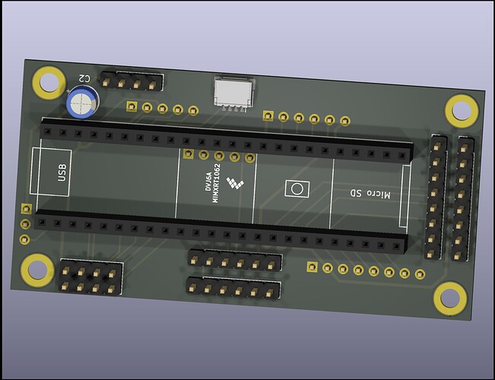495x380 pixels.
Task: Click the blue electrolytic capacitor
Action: (x=81, y=103)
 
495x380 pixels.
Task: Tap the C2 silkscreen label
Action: (x=85, y=78)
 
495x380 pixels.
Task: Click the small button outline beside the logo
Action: (x=294, y=188)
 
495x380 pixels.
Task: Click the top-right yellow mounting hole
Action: (x=462, y=110)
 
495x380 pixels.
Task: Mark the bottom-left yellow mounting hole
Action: (x=36, y=268)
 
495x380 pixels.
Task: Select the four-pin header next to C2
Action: (x=134, y=81)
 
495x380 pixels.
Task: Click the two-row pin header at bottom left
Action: (x=90, y=277)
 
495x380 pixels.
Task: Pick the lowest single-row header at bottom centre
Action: (x=233, y=289)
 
